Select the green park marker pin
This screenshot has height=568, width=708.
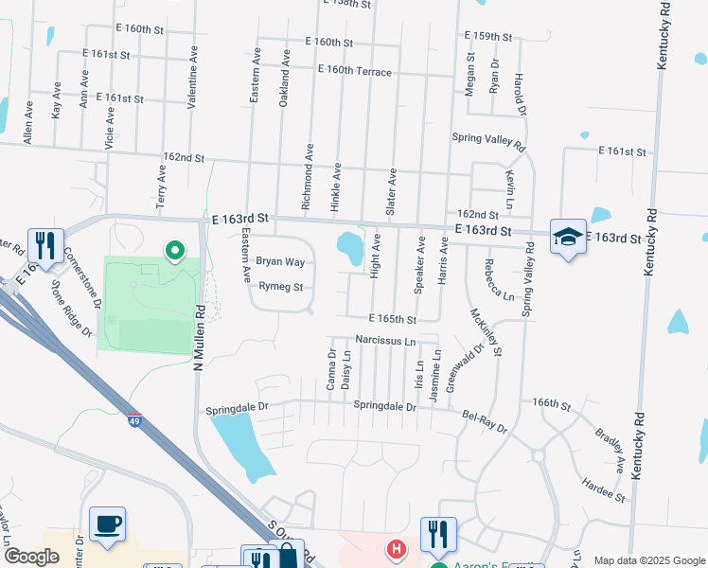click(174, 251)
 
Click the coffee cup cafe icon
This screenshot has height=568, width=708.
click(107, 524)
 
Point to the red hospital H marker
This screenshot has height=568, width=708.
click(397, 548)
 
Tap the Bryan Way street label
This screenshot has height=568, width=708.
click(280, 261)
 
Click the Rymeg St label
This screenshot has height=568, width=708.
click(280, 286)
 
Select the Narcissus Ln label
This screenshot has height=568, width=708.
click(385, 340)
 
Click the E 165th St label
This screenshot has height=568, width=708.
click(393, 319)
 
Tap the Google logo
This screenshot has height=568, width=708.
click(31, 557)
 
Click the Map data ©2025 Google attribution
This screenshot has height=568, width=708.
click(649, 559)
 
